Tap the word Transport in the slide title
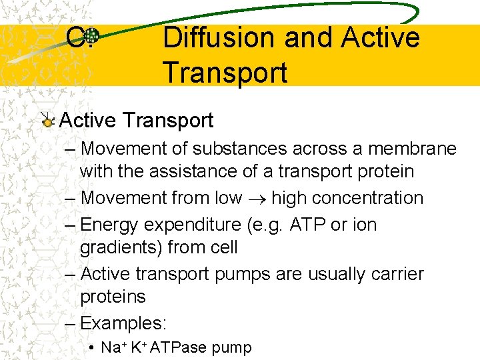[x=225, y=72]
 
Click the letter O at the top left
[x=75, y=38]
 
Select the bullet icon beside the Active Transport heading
[x=47, y=121]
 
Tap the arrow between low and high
[x=257, y=199]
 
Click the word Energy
[x=110, y=225]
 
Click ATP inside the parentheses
[x=309, y=225]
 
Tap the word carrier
[x=397, y=274]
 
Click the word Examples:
[x=123, y=323]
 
